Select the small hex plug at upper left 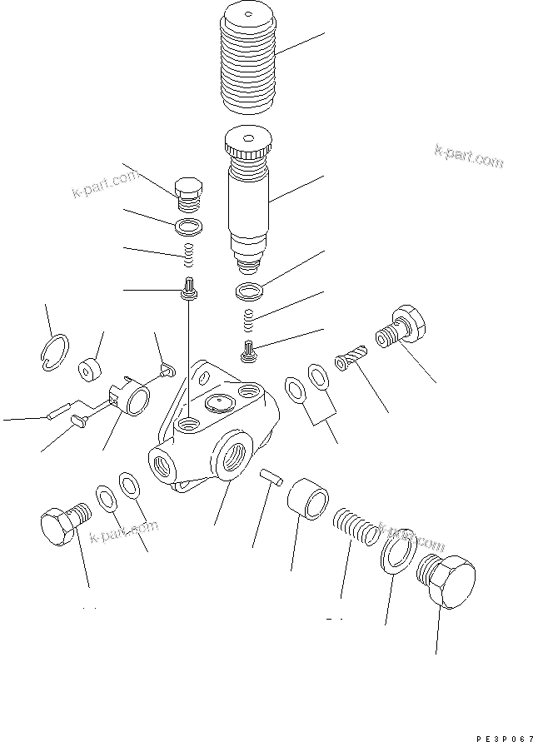190,194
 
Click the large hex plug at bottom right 448,579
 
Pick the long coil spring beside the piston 356,527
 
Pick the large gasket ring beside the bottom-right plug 399,549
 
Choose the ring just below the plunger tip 247,291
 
